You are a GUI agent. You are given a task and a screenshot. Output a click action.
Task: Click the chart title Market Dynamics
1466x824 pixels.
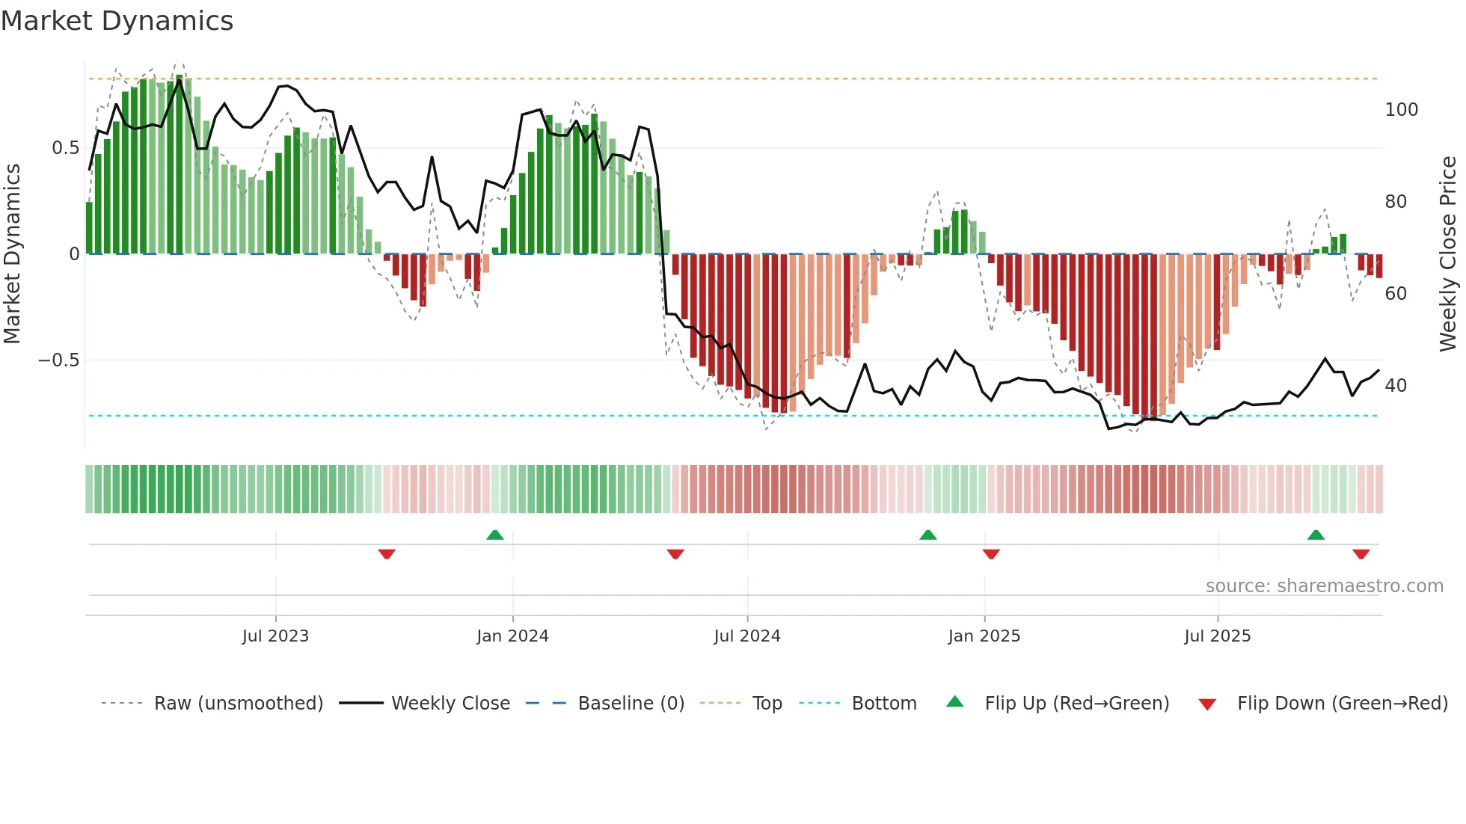(117, 21)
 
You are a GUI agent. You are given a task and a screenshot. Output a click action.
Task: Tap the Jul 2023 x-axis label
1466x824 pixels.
(275, 636)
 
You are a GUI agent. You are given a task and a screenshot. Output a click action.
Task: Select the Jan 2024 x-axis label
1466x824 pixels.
(512, 636)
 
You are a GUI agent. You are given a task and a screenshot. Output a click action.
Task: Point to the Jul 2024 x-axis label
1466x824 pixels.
(746, 636)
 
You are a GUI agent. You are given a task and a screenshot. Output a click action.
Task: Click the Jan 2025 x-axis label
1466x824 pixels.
(984, 636)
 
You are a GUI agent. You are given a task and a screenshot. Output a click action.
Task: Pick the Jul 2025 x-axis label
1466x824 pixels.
(1217, 636)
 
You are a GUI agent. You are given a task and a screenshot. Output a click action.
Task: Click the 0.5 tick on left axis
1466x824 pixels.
(65, 148)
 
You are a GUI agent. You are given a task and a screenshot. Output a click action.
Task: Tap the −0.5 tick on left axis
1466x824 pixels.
(58, 360)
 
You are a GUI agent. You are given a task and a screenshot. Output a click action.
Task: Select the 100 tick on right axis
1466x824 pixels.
(1401, 110)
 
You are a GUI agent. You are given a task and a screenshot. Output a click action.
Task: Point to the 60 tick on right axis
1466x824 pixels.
(1396, 294)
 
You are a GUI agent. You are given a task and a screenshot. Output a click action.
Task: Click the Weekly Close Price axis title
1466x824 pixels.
(1448, 254)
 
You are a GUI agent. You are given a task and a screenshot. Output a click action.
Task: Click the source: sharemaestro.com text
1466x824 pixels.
(1324, 586)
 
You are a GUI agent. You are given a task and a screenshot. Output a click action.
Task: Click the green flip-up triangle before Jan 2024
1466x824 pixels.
(494, 535)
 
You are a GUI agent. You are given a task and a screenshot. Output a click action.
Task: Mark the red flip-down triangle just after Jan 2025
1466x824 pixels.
(991, 554)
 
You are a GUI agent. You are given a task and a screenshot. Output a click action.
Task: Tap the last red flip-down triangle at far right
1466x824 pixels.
(1361, 554)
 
